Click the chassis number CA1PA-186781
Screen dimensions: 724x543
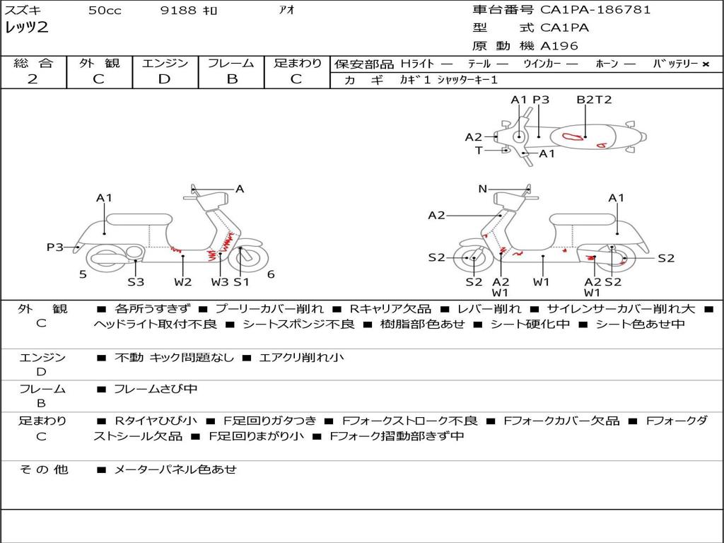coord(595,10)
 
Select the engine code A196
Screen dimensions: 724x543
coord(559,46)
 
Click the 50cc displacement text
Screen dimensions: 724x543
coord(105,11)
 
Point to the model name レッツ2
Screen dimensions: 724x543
coord(27,28)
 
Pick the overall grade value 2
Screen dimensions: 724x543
coord(33,79)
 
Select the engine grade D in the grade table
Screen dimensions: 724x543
coord(165,79)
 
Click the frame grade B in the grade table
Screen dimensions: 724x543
coord(232,79)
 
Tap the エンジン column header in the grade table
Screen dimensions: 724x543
coord(165,63)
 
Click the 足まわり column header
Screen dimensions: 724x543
coord(298,63)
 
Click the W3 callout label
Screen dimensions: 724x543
coord(220,282)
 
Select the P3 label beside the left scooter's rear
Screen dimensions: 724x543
coord(55,247)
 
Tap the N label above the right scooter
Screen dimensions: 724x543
coord(483,189)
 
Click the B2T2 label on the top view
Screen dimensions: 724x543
coord(594,100)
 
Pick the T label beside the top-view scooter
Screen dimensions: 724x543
coord(479,151)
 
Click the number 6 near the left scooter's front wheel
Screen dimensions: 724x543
coord(271,274)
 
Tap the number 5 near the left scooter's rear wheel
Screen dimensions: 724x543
coord(83,274)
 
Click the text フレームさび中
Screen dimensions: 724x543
coord(156,389)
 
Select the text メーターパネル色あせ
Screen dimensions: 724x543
coord(175,469)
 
